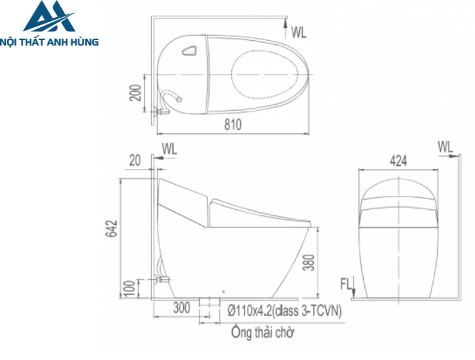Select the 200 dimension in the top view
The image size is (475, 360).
(136, 92)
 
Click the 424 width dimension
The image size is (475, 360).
(399, 161)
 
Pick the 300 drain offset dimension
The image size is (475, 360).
(181, 309)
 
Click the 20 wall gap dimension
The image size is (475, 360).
(136, 160)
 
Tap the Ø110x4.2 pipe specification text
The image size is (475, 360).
(284, 310)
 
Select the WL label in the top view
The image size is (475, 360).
(299, 31)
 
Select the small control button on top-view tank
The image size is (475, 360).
(189, 50)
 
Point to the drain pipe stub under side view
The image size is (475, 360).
(207, 303)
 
